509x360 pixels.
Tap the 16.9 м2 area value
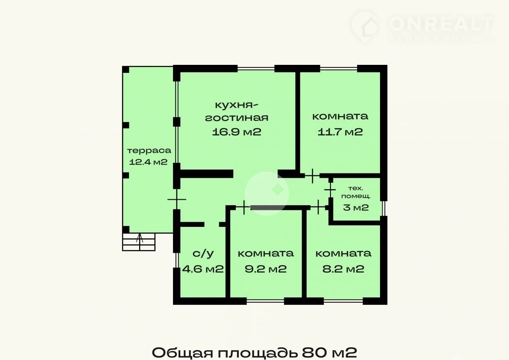(237, 132)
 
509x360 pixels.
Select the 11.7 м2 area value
(340, 132)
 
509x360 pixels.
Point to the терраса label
(149, 151)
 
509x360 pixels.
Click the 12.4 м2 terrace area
(148, 162)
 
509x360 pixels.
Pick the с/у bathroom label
(203, 253)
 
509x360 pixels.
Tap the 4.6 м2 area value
(203, 269)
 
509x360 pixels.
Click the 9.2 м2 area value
(266, 269)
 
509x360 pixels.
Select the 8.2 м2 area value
(343, 269)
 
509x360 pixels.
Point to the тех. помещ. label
(356, 192)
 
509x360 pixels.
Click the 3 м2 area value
(356, 208)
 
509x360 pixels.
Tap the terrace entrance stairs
(139, 242)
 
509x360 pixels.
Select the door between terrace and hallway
(177, 199)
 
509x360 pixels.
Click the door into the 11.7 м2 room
(313, 176)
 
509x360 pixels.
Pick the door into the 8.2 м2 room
(318, 207)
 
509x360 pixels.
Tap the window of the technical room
(384, 208)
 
